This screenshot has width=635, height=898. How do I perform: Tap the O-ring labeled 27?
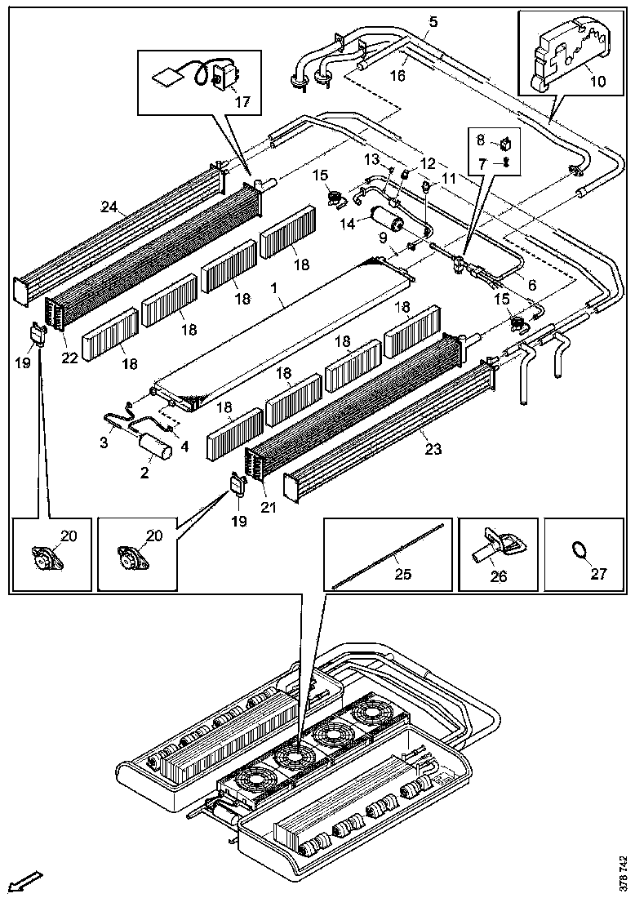coord(579,550)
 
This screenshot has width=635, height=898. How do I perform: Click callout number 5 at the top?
coord(433,22)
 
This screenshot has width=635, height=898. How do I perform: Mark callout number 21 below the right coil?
coord(269,507)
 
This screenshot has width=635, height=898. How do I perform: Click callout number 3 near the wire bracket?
coord(104,442)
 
